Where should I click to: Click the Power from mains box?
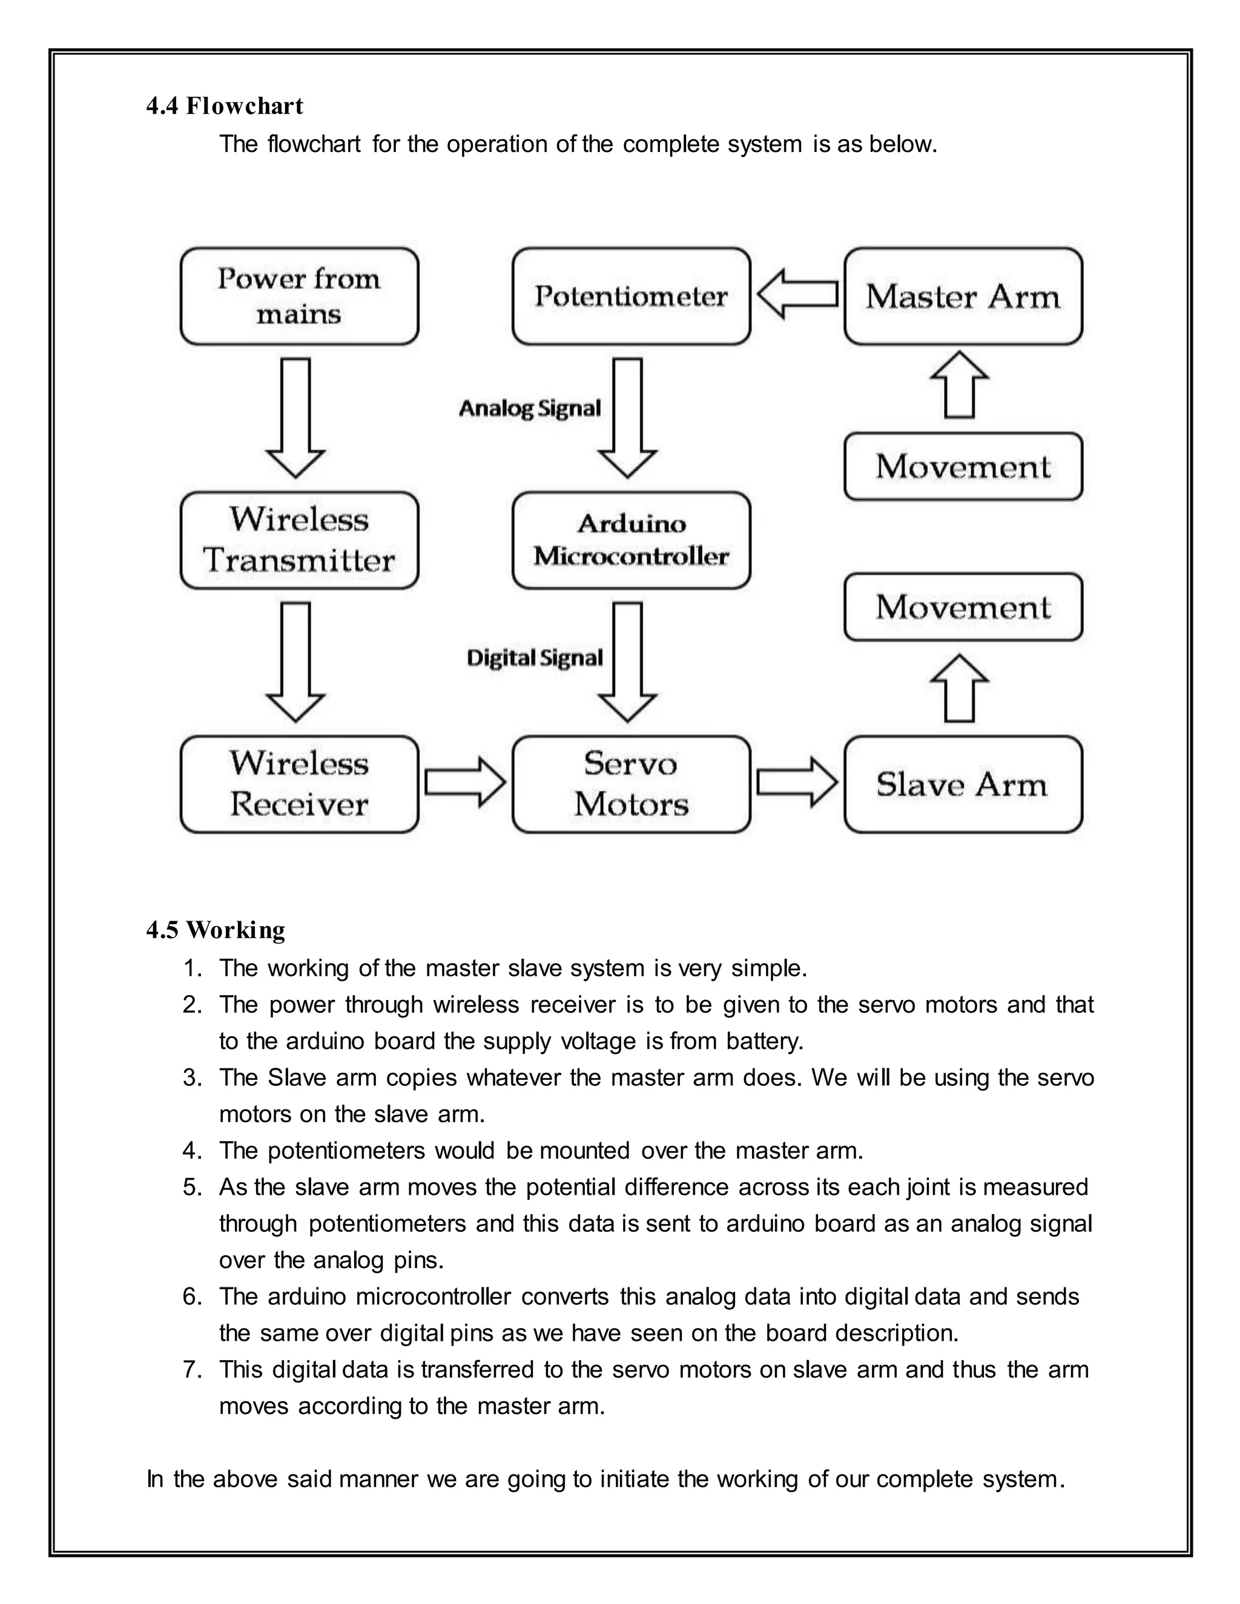(299, 296)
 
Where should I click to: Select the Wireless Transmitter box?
(299, 540)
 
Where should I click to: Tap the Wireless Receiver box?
(299, 784)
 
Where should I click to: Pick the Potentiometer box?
(631, 296)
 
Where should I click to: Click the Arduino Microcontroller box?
(631, 540)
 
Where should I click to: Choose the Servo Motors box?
(631, 784)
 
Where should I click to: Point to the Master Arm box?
(963, 296)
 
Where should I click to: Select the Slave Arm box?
(963, 784)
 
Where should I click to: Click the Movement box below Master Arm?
(963, 466)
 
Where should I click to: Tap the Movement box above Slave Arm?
(963, 606)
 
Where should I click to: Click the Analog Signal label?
(530, 409)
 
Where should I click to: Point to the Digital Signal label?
(535, 658)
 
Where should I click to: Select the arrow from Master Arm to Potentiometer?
(797, 294)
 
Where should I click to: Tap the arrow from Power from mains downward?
(296, 417)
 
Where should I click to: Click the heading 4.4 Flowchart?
(225, 106)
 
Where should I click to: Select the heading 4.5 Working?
(216, 930)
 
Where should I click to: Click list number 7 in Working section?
(192, 1370)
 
